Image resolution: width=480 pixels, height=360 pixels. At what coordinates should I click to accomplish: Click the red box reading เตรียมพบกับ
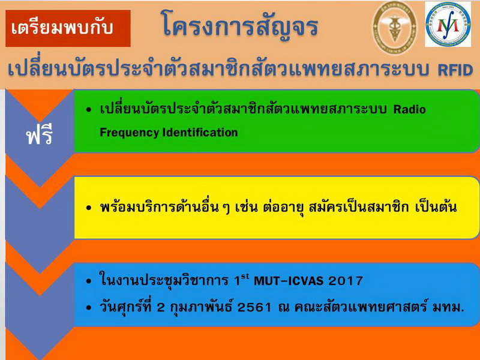tap(68, 28)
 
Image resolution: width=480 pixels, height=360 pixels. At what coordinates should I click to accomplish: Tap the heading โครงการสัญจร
tap(240, 26)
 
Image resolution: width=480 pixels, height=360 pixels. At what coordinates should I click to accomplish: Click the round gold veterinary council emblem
tap(394, 26)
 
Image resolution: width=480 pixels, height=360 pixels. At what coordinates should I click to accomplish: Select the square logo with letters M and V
tap(448, 24)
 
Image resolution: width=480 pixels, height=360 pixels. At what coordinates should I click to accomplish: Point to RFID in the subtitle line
tap(455, 70)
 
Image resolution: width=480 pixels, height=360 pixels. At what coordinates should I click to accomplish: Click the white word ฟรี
tap(40, 136)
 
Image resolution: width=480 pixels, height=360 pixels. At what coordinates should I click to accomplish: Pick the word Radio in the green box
tap(409, 109)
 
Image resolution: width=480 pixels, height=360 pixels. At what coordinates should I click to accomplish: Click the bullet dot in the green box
tap(89, 110)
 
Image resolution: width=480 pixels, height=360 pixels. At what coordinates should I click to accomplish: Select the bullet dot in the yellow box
tap(89, 208)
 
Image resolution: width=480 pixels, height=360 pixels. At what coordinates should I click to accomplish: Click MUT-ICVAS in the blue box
tap(289, 281)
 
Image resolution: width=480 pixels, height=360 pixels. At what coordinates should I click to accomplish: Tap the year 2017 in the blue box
tap(346, 281)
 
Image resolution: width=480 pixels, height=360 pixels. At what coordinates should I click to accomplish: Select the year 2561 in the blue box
tap(254, 307)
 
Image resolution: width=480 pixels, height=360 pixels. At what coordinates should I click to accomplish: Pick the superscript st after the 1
tap(245, 277)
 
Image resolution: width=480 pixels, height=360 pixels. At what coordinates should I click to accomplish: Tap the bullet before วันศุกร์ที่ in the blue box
tap(89, 308)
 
